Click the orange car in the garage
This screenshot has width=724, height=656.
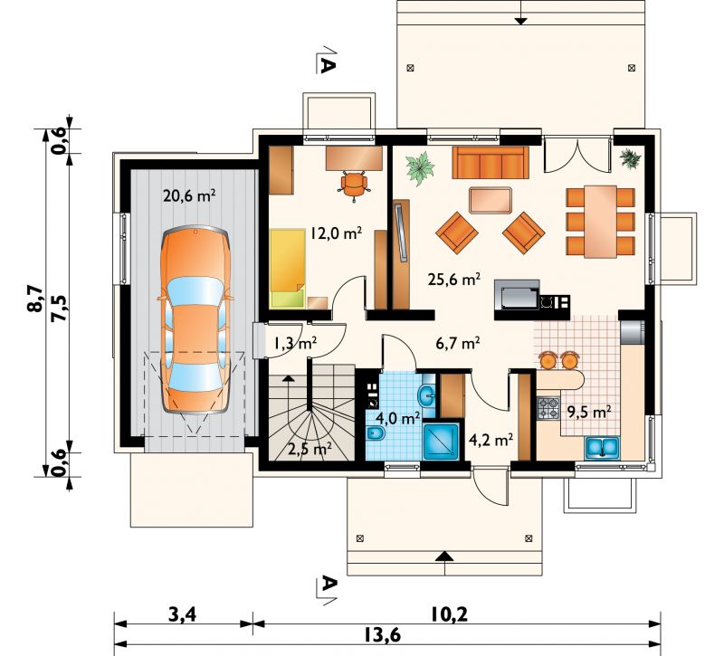click(195, 319)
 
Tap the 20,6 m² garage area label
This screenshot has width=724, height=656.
click(189, 195)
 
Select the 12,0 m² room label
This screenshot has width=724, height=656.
click(336, 233)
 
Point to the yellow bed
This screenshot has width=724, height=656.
click(287, 269)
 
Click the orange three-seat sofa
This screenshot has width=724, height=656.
click(491, 163)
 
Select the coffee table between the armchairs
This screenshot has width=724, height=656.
click(491, 200)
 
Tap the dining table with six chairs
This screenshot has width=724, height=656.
click(600, 222)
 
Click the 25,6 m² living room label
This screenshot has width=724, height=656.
click(454, 280)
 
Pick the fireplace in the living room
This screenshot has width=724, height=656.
click(517, 296)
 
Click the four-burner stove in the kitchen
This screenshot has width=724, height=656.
click(548, 408)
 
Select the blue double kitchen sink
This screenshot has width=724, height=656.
click(603, 447)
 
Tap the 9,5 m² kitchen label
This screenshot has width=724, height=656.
click(590, 412)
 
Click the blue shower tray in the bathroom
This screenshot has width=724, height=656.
click(441, 442)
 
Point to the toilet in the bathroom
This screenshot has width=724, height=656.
click(374, 434)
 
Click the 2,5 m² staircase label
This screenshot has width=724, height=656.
click(310, 448)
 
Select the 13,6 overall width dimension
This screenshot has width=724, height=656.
click(382, 636)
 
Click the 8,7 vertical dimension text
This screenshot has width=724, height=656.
click(36, 299)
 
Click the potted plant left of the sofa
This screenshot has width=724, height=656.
click(420, 169)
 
